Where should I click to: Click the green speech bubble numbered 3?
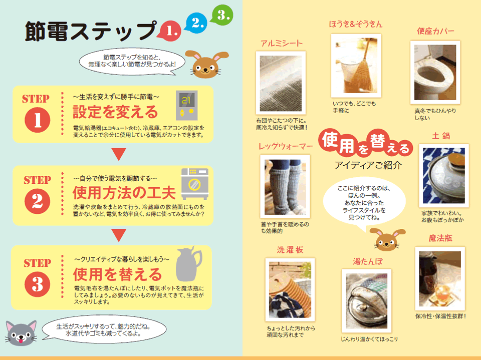pos(222,15)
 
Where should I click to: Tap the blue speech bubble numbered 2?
pos(196,23)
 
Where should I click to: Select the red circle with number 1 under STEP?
pos(38,120)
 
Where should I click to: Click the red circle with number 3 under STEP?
pos(38,284)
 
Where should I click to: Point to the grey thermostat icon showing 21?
pos(186,105)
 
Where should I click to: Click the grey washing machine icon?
pos(195,183)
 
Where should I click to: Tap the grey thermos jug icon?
pos(188,264)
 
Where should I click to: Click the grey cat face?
pos(21,333)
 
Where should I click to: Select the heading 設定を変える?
pos(115,112)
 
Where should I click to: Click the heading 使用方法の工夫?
pos(124,193)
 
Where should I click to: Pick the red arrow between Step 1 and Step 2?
pos(119,154)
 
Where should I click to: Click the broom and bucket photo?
pos(356,66)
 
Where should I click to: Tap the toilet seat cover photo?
pos(435,73)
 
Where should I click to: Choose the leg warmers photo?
pos(285,186)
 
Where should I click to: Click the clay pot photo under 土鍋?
pos(443,176)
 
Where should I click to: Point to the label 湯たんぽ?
pos(368,261)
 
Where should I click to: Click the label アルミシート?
pos(282,44)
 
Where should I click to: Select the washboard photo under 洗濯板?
pos(290,290)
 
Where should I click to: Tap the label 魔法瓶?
pos(440,238)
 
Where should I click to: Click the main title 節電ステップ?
pos(91,31)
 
